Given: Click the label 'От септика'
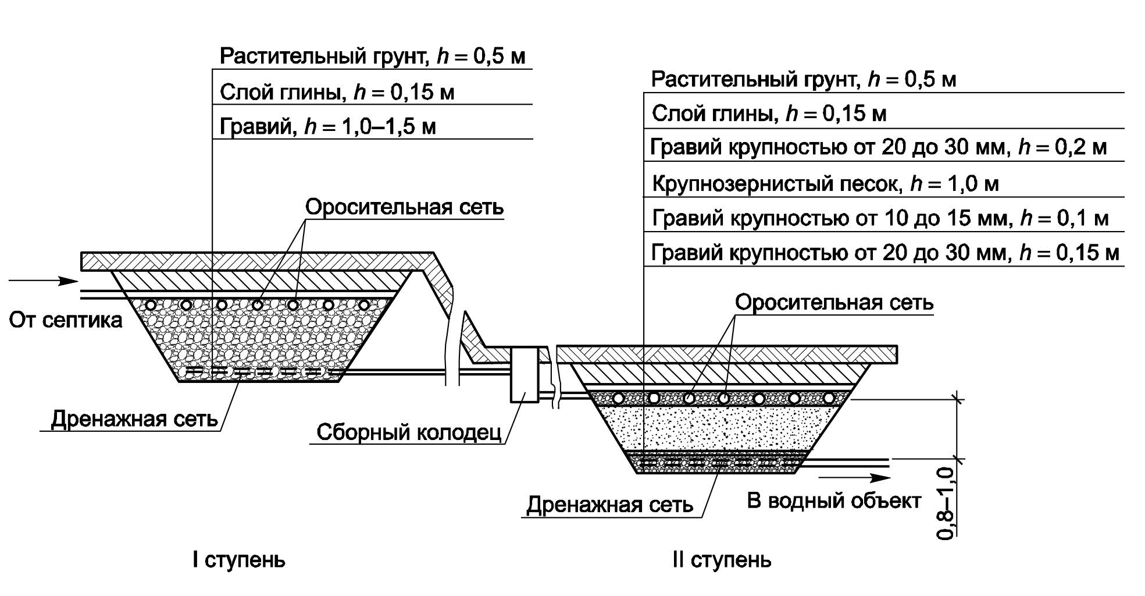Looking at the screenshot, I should click(x=66, y=320).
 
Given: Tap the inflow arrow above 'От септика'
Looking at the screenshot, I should click(x=44, y=281).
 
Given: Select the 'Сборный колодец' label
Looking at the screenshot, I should click(x=408, y=432).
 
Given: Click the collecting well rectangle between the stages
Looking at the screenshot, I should click(x=525, y=375).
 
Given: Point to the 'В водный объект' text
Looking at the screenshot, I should click(x=834, y=501).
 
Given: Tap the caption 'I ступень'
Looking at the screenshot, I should click(x=239, y=560).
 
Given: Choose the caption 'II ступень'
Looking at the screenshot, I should click(x=722, y=560).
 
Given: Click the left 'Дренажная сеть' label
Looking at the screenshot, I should click(x=134, y=418).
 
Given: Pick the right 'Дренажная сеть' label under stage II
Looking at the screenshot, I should click(x=609, y=505).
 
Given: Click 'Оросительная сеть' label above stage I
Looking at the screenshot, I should click(x=404, y=207).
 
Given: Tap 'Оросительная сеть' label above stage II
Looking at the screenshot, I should click(x=834, y=303).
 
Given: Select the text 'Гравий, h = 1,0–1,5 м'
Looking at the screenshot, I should click(x=327, y=127).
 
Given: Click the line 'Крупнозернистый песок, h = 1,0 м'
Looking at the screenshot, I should click(x=825, y=184).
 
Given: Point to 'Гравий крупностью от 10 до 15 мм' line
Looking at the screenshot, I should click(x=880, y=219).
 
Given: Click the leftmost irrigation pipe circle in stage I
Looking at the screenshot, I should click(x=151, y=304).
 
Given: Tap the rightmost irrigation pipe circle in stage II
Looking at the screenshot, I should click(x=829, y=398).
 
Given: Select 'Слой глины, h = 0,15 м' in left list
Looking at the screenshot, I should click(x=337, y=92).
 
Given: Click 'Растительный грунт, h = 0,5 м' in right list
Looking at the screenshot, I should click(x=803, y=79).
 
